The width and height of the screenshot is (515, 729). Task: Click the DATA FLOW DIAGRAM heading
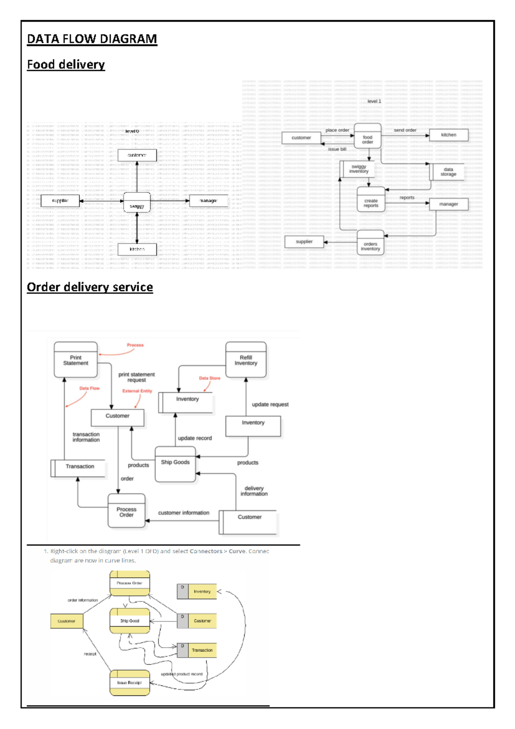coord(92,39)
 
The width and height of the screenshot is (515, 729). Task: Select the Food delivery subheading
coord(66,64)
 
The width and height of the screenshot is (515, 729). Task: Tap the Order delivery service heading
coord(90,287)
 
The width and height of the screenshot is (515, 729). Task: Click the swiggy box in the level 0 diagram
coord(137,202)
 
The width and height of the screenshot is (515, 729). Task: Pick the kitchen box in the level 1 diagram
coord(448,135)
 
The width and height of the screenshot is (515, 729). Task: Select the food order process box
coord(367,137)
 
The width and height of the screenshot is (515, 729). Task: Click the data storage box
coord(448,172)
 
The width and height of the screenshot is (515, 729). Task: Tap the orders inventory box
coord(370,244)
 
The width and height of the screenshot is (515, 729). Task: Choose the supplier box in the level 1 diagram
coord(304,242)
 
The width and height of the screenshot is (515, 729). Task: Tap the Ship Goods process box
coord(175,463)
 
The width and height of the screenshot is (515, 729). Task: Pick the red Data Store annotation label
coord(209,378)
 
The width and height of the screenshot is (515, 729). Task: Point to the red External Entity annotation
coord(137,391)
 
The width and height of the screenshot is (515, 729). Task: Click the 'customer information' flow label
coord(184,513)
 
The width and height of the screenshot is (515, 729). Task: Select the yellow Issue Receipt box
coord(130,683)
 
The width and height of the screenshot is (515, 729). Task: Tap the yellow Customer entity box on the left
coord(67,621)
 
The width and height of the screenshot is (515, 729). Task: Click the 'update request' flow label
coord(270,404)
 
